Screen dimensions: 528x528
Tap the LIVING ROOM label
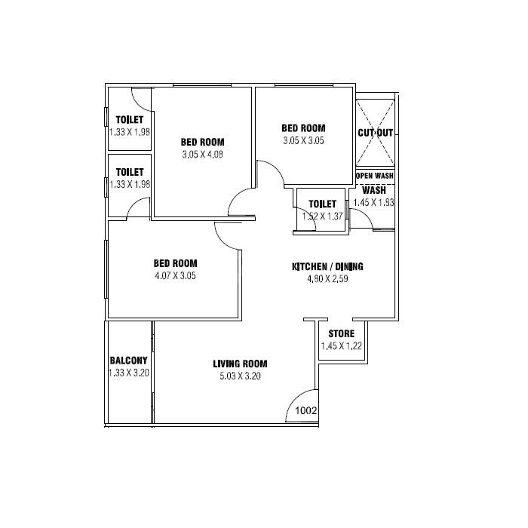coord(241,364)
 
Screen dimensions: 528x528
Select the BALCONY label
coord(128,361)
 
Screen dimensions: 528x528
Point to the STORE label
coord(342,334)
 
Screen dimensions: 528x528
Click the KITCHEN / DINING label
coord(328,267)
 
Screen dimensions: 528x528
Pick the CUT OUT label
coord(376,133)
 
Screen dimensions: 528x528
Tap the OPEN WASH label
coord(375,177)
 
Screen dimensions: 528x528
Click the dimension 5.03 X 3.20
coord(241,376)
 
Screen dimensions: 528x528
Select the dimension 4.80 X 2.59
coord(328,279)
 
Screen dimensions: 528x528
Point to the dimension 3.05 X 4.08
coord(203,155)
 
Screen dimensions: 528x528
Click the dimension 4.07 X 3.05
coord(176,275)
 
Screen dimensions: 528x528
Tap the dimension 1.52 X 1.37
coord(323,216)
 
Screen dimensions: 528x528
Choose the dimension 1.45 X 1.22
coord(342,346)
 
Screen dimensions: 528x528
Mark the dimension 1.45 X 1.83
coord(373,202)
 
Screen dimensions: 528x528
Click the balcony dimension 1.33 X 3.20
coord(128,373)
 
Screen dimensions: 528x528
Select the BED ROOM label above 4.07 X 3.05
coord(176,263)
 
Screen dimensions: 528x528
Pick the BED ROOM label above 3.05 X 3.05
coord(303,128)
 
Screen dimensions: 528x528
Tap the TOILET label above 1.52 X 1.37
coord(323,204)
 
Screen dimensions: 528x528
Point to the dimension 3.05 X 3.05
coord(303,140)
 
